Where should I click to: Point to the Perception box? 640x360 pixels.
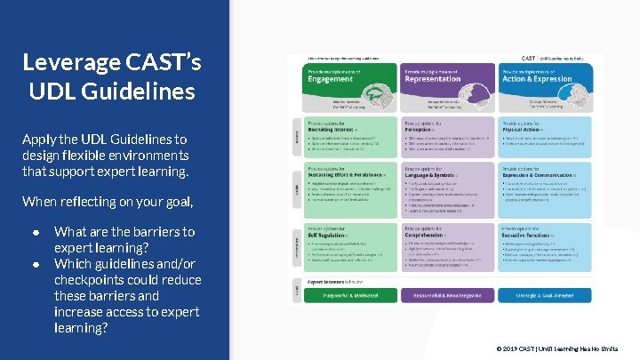[446, 137]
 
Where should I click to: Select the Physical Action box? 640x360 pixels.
[551, 137]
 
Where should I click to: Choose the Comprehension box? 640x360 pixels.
[446, 250]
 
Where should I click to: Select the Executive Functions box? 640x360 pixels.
[551, 250]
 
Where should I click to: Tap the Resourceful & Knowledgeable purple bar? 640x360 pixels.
[446, 295]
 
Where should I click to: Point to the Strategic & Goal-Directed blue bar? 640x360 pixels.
[551, 295]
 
